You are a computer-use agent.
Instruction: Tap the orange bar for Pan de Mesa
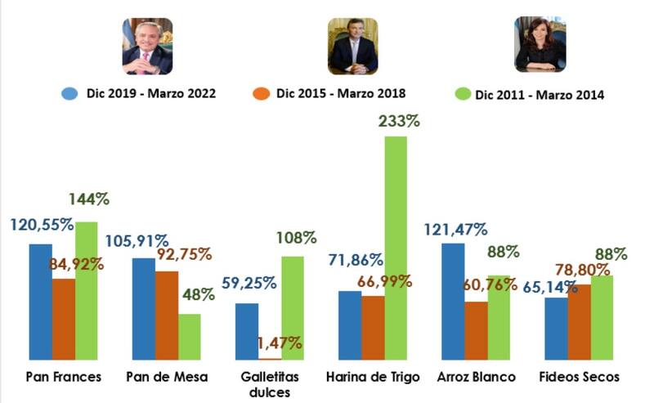point(166,315)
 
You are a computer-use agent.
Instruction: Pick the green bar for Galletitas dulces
point(293,307)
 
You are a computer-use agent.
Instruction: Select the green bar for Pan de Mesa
point(189,336)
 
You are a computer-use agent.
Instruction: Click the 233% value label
point(398,122)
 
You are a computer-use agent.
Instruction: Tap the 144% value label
point(89,199)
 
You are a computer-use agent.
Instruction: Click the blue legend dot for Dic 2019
point(69,93)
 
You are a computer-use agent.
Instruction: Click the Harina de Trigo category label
point(372,377)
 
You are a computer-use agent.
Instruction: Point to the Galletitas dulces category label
point(269,383)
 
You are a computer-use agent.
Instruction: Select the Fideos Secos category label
point(580,377)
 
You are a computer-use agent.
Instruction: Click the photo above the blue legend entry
point(147,46)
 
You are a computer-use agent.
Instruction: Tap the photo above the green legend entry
point(540,44)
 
